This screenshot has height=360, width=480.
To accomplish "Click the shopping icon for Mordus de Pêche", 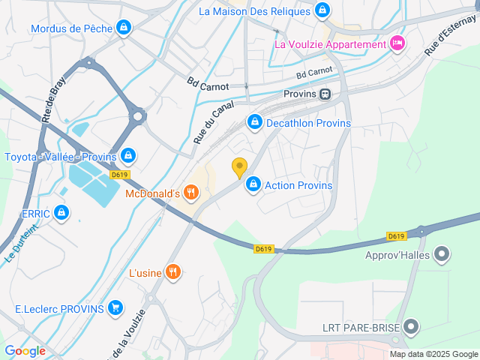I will point(124,28).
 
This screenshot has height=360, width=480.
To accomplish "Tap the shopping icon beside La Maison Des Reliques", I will point(322,11).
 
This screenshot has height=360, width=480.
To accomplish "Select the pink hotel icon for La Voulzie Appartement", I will point(397,43).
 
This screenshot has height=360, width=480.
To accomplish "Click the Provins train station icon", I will point(325,94).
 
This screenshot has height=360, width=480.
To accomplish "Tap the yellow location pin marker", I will point(239,168).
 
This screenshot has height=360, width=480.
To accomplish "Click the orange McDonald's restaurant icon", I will point(191,193).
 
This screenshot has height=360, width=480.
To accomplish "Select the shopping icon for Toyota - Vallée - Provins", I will point(128,156).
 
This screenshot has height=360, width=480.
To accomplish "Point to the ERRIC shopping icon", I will point(62,214).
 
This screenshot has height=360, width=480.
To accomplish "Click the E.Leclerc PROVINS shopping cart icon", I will point(115,307).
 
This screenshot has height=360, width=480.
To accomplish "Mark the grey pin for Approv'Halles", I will point(442,254).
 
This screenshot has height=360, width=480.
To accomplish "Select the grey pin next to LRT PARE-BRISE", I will point(411,326).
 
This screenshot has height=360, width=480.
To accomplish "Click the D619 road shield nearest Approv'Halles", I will point(397,235).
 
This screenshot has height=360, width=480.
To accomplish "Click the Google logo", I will point(25,351).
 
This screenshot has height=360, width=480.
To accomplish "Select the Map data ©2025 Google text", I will point(433,354).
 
